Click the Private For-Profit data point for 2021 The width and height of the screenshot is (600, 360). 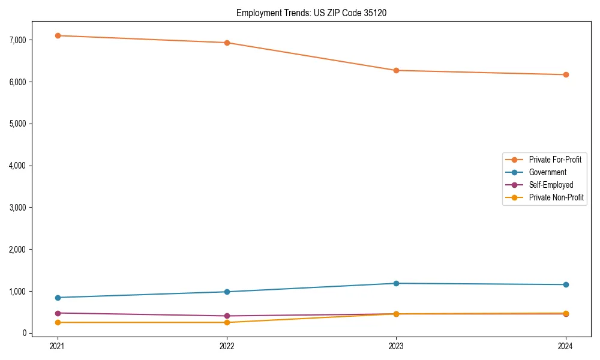(58, 35)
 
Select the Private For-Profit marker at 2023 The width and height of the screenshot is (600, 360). (396, 70)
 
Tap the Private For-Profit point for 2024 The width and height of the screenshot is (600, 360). (566, 74)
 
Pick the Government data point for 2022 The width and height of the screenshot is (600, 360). (227, 292)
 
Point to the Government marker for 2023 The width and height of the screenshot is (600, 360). (396, 283)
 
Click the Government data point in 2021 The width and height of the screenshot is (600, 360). (58, 298)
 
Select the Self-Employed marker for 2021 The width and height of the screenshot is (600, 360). (58, 313)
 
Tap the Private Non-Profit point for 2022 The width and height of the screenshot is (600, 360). (227, 322)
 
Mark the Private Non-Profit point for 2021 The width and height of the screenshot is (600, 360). (58, 322)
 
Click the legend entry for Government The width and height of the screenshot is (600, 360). (547, 172)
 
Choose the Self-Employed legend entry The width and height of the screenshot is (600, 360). (551, 185)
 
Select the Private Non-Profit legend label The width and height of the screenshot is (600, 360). (556, 197)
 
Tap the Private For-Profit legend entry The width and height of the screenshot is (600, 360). (555, 160)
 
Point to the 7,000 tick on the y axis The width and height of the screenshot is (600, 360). (16, 40)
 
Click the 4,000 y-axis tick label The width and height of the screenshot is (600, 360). (16, 166)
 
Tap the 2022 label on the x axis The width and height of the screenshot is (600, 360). (227, 346)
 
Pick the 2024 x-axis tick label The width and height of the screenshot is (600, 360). (566, 346)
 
